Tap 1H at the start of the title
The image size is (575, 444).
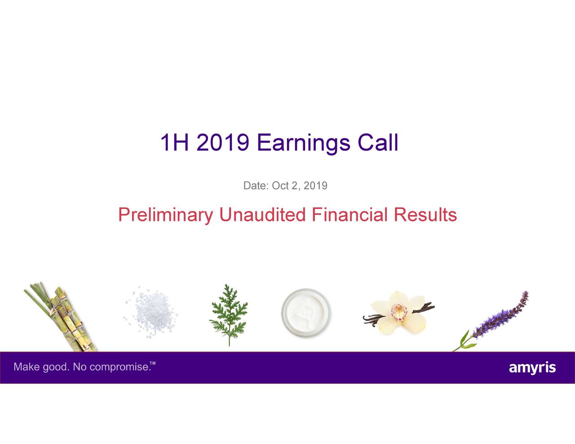pos(174,143)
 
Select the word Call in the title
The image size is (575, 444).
pos(378,143)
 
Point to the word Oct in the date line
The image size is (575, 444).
pos(280,185)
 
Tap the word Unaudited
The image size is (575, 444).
pos(262,215)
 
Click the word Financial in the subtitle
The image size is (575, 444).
pos(349,215)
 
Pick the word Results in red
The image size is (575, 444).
pos(425,215)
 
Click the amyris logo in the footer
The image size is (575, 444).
pos(532,368)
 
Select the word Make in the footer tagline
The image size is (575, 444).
pos(27,367)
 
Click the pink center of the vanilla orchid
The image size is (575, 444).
pos(398,310)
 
